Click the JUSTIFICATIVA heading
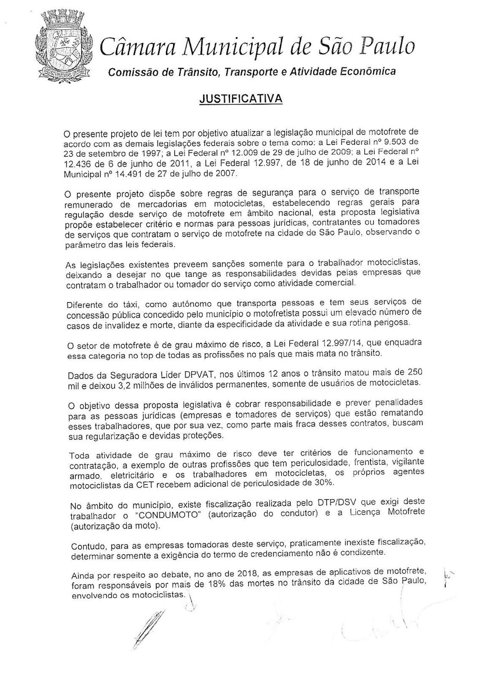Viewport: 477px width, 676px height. (x=241, y=99)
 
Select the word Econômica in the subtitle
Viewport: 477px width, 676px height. (x=371, y=71)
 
